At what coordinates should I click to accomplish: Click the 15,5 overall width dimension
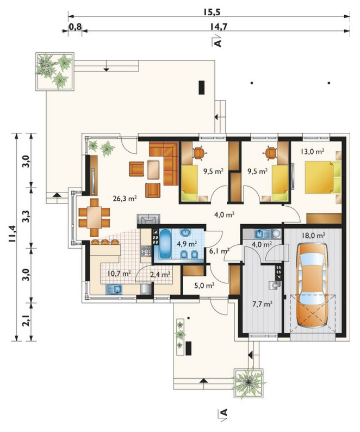tap(212, 12)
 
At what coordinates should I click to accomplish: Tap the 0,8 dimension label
tap(75, 27)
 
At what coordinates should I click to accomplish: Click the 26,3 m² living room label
tap(125, 198)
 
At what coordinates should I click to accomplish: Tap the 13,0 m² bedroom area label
tap(312, 151)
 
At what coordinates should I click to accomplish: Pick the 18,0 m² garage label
tap(313, 236)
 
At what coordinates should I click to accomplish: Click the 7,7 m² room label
tap(263, 304)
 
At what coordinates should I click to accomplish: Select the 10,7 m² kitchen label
tap(119, 274)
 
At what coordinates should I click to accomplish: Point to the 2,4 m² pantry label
tap(160, 274)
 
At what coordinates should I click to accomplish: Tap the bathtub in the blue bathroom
tap(165, 244)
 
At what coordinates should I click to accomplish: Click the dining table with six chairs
tap(94, 218)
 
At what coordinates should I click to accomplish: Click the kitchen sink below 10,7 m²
tap(114, 289)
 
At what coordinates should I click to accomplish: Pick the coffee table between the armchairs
tap(154, 170)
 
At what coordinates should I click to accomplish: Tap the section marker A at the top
tap(217, 41)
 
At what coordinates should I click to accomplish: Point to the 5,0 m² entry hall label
tap(204, 286)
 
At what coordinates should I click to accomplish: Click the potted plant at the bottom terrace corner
tap(249, 382)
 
